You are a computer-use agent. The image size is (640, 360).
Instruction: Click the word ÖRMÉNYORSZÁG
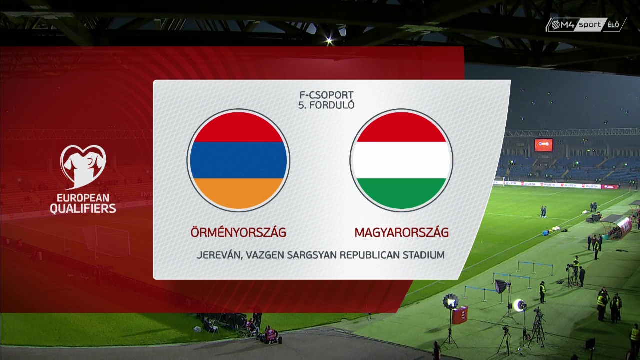pos(238,232)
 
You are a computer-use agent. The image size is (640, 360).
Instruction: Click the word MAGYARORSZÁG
pos(401,232)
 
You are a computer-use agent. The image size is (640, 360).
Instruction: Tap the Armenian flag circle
pos(238,160)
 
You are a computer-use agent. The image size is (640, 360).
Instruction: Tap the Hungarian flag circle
pos(401,160)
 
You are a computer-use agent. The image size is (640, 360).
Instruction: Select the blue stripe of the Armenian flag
pos(238,160)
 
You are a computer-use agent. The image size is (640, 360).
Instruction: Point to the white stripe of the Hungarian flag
pos(401,160)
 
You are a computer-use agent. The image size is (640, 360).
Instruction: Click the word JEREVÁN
pos(219,255)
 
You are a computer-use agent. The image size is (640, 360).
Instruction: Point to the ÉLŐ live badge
pos(613,25)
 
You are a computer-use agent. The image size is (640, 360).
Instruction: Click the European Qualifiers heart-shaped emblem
pos(83,167)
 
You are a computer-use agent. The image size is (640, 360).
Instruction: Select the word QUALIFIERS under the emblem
pos(83,208)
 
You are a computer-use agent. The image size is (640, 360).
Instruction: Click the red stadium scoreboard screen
pos(543,145)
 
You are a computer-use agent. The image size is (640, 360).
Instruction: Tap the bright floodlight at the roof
pos(329,40)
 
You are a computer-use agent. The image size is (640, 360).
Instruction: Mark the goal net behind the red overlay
pos(107,240)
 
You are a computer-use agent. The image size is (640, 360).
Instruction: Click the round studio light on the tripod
pos(451,301)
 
